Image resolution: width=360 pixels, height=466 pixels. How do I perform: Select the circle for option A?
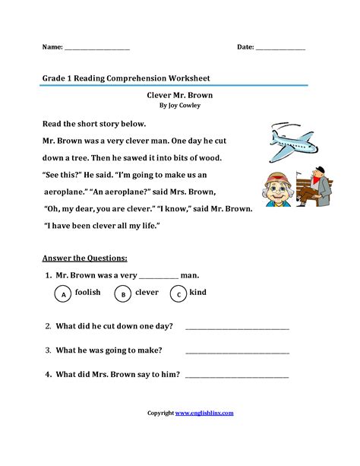[x=64, y=294]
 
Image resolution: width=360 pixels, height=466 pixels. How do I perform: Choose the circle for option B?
[x=122, y=294]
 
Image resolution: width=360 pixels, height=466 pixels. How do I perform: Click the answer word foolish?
[x=88, y=292]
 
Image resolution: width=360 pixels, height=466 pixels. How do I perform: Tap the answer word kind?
[x=198, y=292]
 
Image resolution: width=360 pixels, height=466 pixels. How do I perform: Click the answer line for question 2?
[x=237, y=328]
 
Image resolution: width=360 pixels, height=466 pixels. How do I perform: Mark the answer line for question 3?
[x=237, y=351]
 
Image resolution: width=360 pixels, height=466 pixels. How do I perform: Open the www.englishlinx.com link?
[x=204, y=413]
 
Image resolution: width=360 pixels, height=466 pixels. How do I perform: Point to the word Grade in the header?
[x=54, y=78]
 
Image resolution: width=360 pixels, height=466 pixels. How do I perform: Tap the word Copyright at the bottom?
[x=160, y=413]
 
